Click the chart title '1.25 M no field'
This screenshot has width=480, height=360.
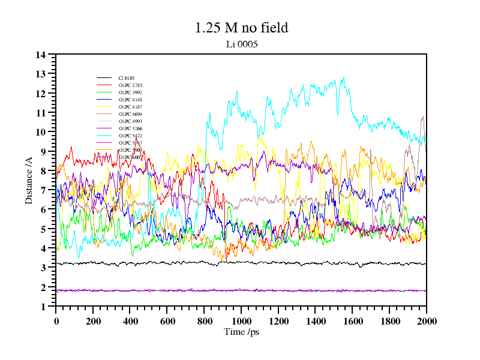click(241, 28)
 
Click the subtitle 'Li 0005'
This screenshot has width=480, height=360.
click(241, 44)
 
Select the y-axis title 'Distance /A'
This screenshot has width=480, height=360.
click(29, 180)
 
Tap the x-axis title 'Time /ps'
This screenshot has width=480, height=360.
click(241, 331)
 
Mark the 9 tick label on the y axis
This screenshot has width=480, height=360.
click(43, 151)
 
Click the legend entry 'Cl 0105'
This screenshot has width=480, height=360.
click(126, 78)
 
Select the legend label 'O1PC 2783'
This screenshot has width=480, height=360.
click(130, 85)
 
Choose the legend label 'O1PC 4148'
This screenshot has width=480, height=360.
click(130, 100)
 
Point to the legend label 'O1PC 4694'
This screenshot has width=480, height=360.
click(130, 114)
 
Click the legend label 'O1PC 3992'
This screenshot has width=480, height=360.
click(130, 92)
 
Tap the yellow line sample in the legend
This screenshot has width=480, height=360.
click(104, 107)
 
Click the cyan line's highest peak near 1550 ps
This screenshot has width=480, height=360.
click(343, 78)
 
